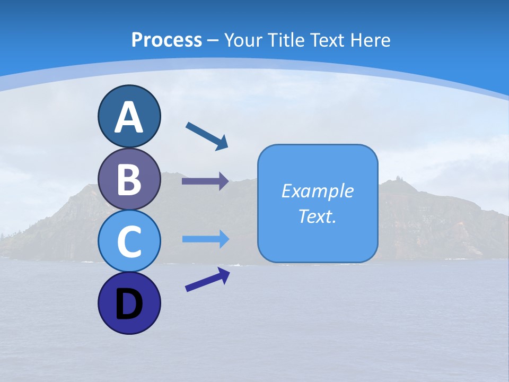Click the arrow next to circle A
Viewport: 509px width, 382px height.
207,136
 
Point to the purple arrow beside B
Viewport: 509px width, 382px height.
205,181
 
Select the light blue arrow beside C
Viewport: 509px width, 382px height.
206,239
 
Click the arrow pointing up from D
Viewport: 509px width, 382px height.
207,279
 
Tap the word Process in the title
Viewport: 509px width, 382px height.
166,40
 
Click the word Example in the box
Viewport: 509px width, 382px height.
317,191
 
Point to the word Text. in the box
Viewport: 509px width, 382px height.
317,216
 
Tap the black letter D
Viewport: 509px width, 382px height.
129,305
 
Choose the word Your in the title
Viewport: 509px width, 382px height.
243,40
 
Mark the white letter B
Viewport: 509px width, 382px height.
129,179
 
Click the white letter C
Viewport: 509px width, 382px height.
129,242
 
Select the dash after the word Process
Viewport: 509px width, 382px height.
213,40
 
